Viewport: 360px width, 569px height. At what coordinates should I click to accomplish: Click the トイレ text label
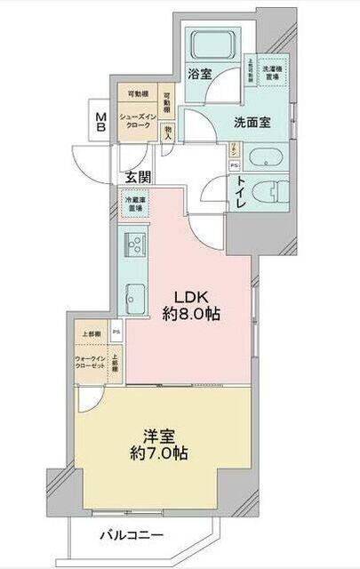(x=241, y=190)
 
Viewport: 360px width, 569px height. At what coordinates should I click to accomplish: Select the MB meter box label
(x=101, y=121)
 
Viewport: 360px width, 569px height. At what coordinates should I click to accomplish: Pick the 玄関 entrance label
(x=137, y=176)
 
